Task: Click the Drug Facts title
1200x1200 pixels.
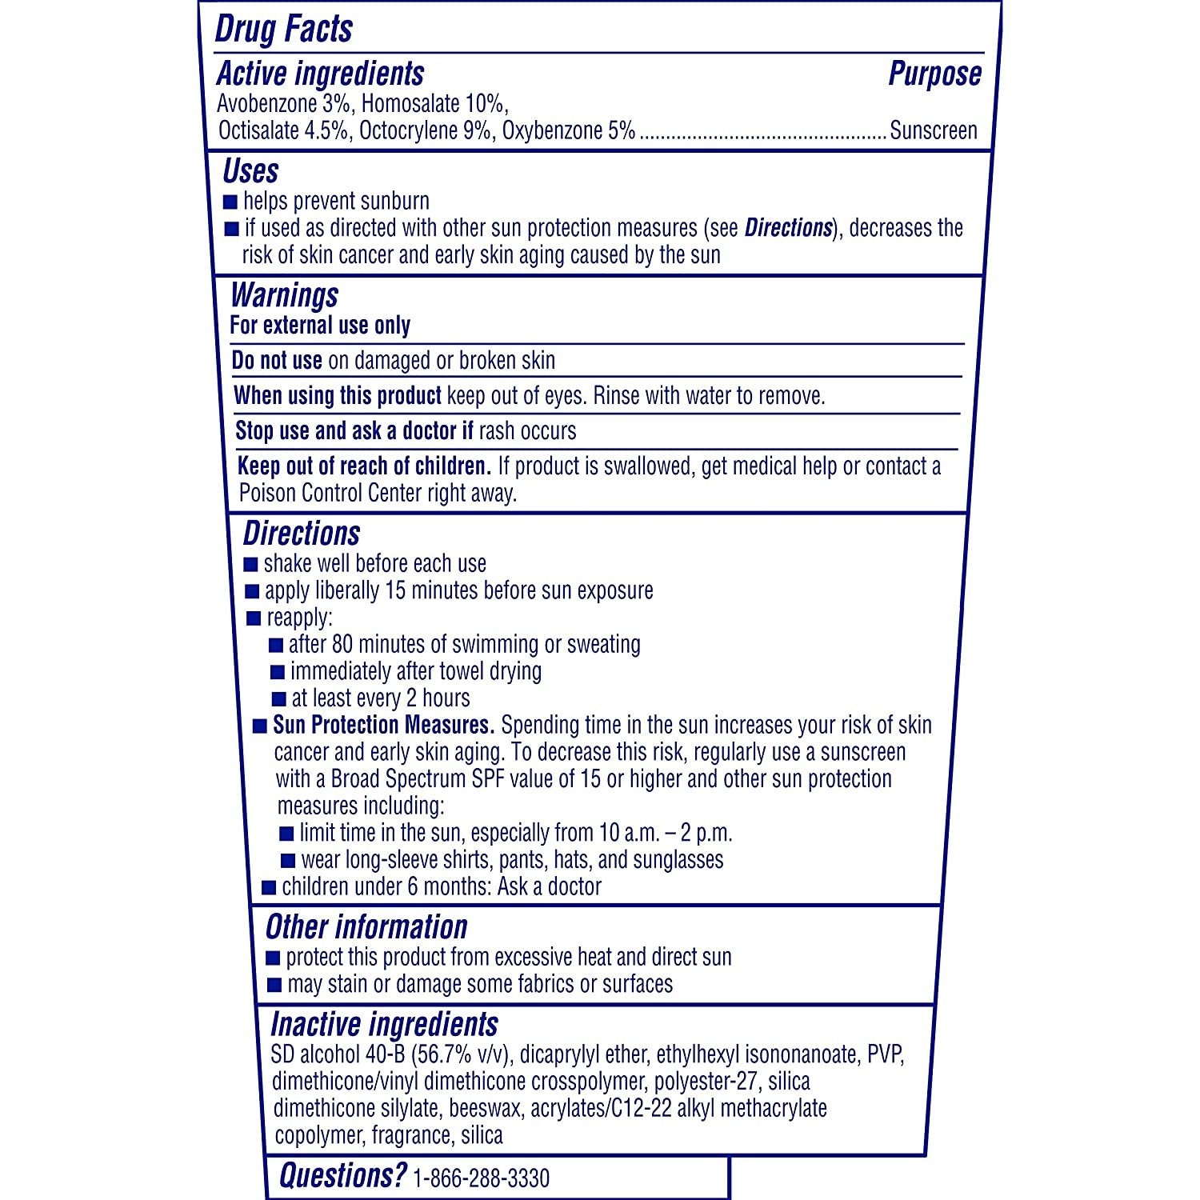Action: point(284,30)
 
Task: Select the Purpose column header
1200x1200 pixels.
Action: point(934,74)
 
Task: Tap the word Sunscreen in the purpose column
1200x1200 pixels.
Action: point(933,130)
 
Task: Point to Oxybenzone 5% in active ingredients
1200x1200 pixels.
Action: point(569,130)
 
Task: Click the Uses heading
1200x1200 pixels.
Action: point(250,171)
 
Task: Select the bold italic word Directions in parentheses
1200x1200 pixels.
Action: point(788,228)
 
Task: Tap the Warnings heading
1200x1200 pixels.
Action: point(284,296)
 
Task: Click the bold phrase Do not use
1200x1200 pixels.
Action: point(277,361)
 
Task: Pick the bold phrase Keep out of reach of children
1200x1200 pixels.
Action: point(364,466)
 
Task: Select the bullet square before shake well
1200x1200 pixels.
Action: point(251,565)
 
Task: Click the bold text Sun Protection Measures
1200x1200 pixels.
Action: point(383,725)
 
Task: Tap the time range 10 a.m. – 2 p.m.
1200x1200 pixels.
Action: point(666,833)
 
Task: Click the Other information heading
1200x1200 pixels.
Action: point(366,927)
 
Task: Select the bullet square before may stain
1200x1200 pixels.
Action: point(274,985)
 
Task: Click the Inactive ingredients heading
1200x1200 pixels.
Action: point(384,1025)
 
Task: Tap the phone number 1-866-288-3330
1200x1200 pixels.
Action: point(481,1178)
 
